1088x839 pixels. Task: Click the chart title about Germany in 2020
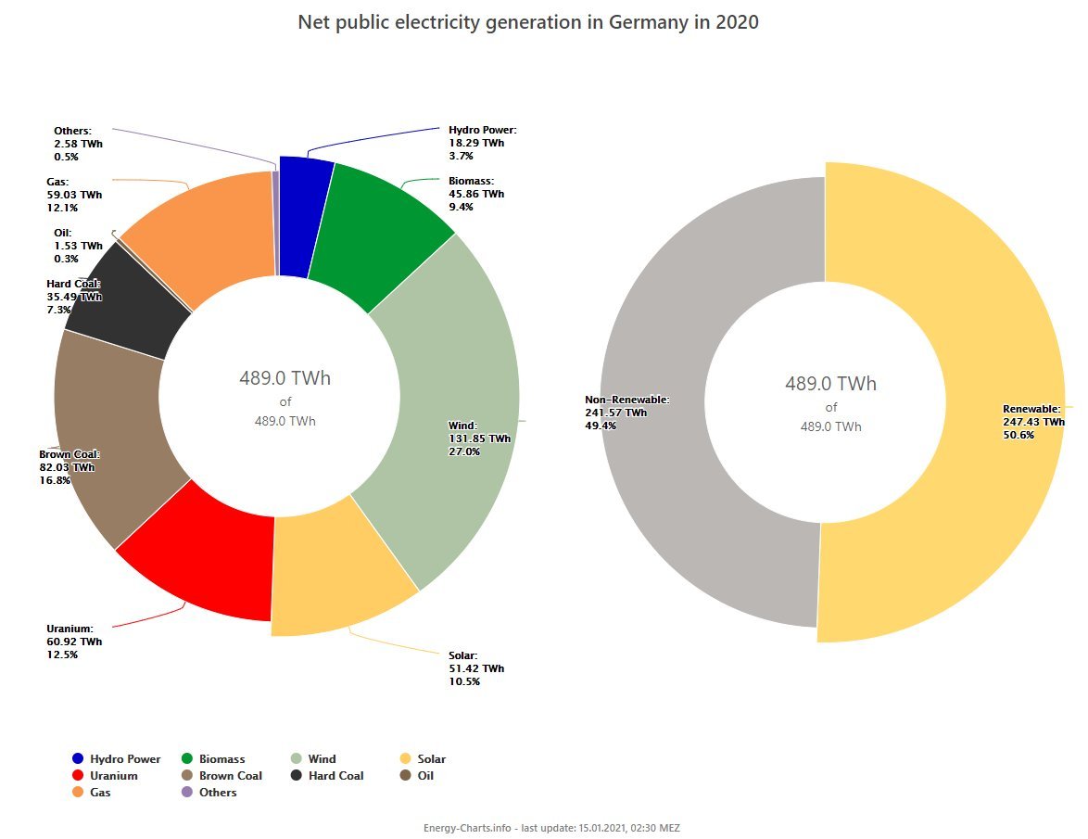(x=528, y=22)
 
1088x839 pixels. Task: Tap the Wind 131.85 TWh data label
(x=479, y=439)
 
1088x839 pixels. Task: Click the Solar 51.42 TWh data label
(x=476, y=668)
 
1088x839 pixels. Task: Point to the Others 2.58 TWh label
(x=78, y=144)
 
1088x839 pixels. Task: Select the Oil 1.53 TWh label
(x=78, y=246)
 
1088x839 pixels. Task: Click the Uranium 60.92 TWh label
(x=74, y=642)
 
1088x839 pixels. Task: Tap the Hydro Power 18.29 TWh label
(x=482, y=144)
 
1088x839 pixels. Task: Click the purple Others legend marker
(x=187, y=792)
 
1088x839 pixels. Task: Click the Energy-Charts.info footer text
(x=551, y=827)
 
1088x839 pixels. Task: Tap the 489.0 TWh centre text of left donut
(x=285, y=378)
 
